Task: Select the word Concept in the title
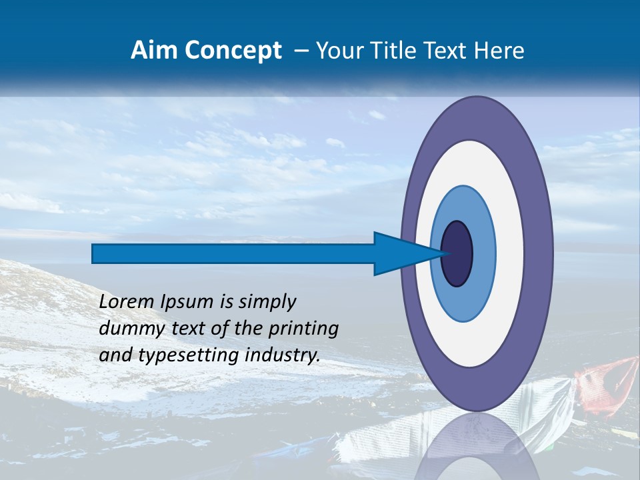pyautogui.click(x=232, y=51)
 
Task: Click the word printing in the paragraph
pyautogui.click(x=303, y=329)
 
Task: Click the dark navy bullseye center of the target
pyautogui.click(x=457, y=253)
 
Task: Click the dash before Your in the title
pyautogui.click(x=301, y=51)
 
